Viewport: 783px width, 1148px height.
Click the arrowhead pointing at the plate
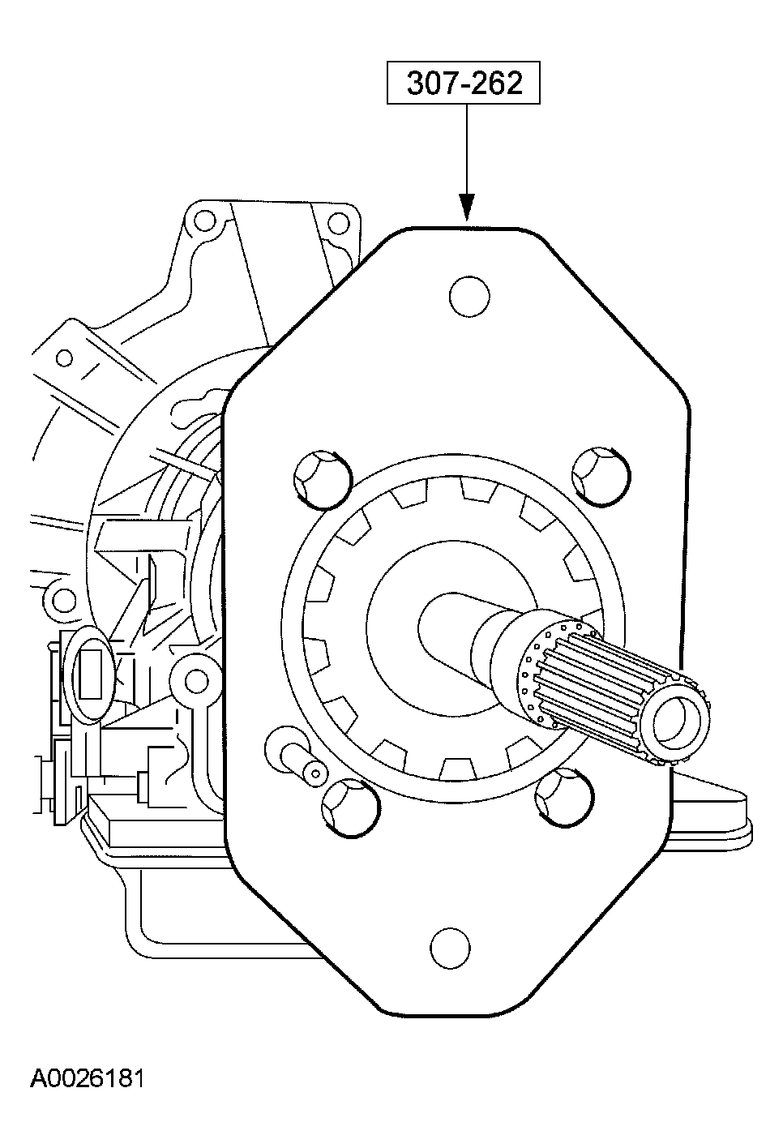click(465, 208)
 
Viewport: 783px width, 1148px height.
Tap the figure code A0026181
click(88, 1078)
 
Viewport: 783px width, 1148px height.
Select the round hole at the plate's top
click(469, 297)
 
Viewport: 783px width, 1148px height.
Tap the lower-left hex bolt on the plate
click(349, 807)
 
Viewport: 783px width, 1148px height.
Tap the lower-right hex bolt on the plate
click(563, 799)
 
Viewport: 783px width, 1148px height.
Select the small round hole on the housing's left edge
click(58, 601)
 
